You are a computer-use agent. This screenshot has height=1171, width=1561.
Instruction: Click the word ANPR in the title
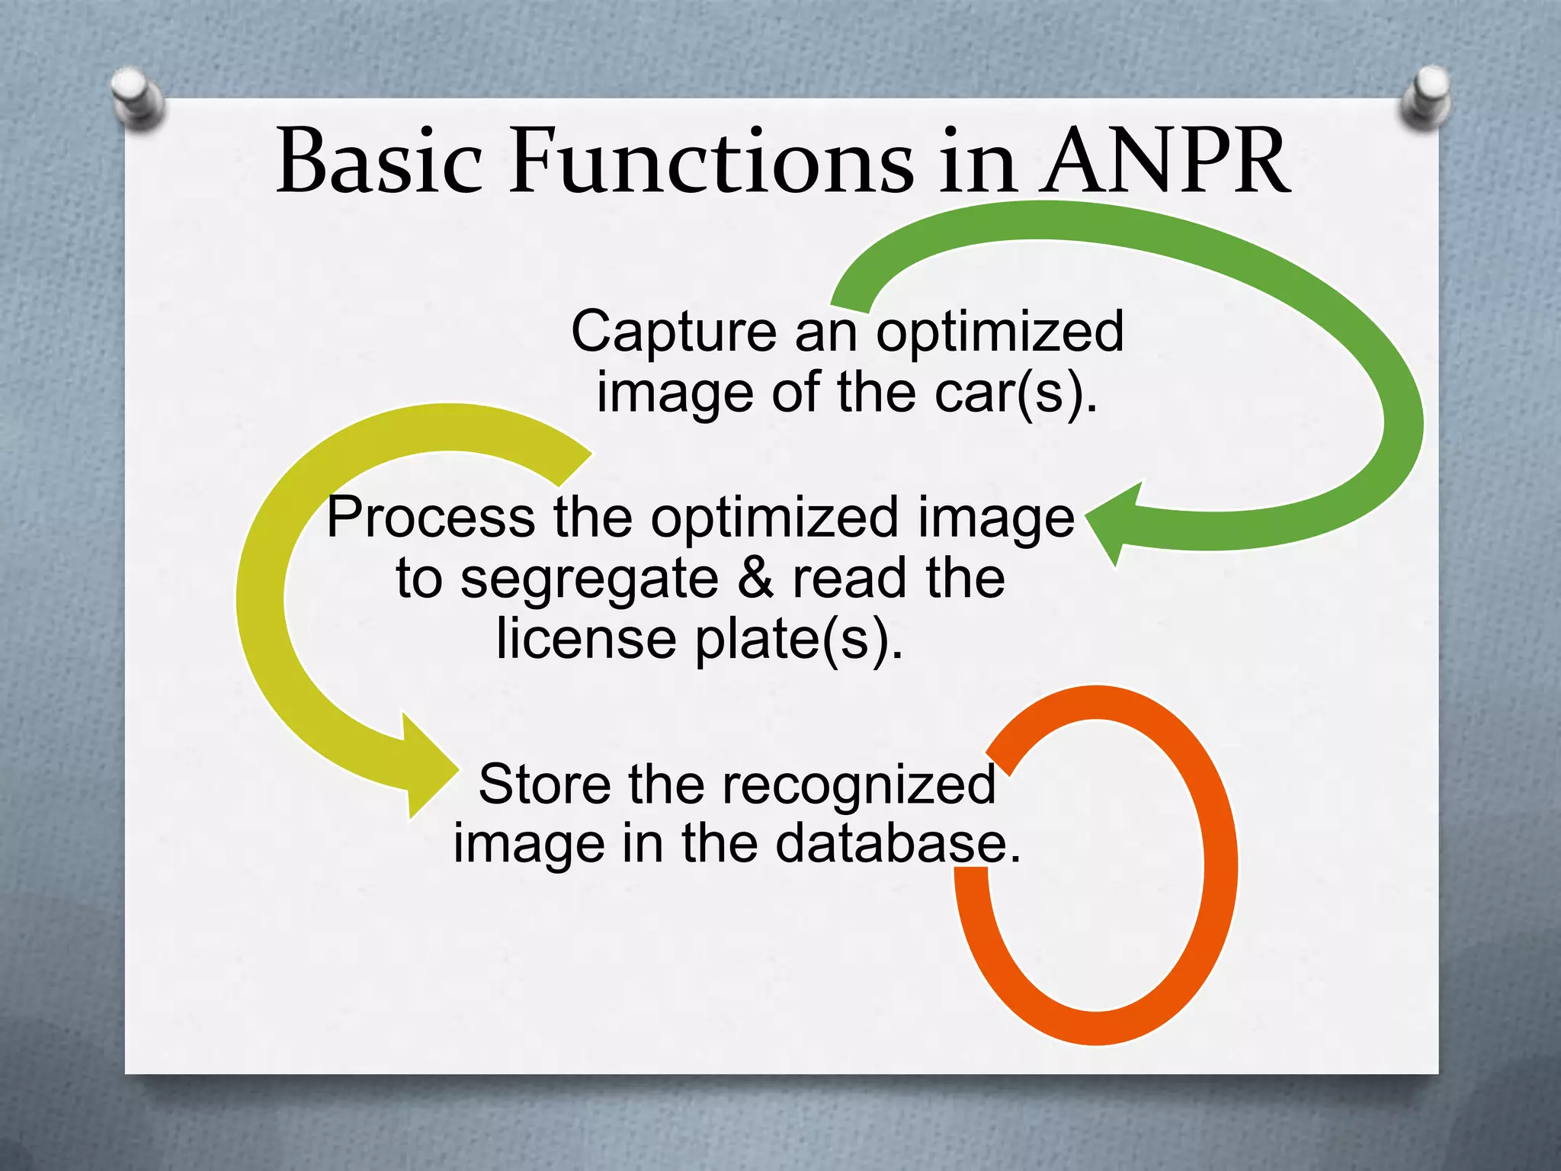point(1166,162)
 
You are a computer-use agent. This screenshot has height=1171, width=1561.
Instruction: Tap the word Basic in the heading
point(379,162)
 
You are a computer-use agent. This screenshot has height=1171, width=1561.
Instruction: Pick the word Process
point(431,518)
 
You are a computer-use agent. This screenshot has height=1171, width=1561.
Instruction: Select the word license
point(585,639)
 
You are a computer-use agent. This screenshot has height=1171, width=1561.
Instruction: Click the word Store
point(544,784)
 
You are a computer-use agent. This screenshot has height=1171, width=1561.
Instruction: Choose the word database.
point(897,844)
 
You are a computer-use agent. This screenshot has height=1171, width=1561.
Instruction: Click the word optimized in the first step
point(999,333)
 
